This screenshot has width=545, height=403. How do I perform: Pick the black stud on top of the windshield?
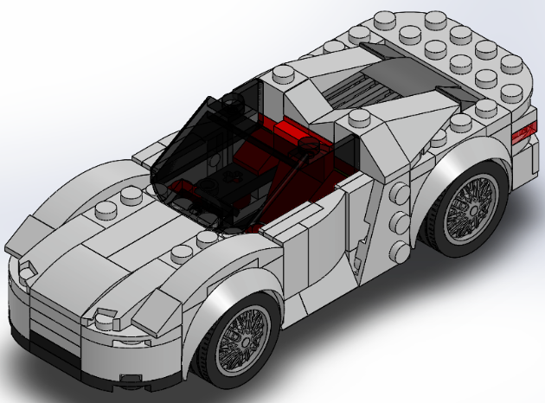pos(231,106)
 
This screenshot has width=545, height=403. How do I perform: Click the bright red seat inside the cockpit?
pos(294,138)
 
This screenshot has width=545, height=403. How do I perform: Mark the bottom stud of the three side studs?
pos(400,251)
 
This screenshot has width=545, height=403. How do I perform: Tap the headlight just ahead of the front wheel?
pos(108,315)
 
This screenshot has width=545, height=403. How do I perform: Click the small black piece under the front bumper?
pos(130,379)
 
